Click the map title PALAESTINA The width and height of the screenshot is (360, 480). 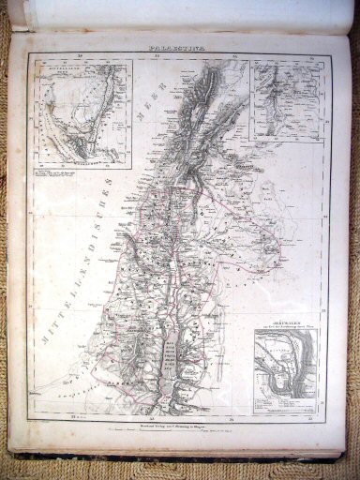(178, 44)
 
